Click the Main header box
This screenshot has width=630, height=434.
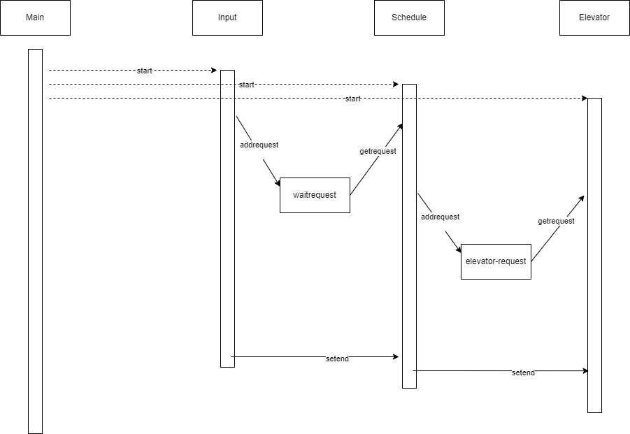tap(36, 17)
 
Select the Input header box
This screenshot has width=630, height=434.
tap(227, 17)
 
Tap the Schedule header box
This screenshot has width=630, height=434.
tap(409, 17)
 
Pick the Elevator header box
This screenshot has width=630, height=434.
tap(594, 17)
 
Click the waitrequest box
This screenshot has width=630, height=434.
tap(315, 195)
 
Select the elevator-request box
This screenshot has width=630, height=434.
tap(496, 261)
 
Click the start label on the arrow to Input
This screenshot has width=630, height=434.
tap(145, 71)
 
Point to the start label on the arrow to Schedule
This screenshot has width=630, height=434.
tap(247, 85)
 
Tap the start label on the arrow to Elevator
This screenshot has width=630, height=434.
tap(353, 99)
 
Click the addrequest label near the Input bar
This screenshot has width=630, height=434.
tap(259, 145)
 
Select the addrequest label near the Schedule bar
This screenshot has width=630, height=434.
tap(441, 217)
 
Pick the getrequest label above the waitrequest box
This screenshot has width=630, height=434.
tap(378, 152)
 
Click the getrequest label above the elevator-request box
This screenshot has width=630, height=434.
tap(556, 222)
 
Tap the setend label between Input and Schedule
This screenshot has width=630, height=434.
tap(337, 359)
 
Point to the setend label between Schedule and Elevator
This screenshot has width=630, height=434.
tap(523, 373)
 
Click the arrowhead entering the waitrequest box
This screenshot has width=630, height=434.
tap(278, 183)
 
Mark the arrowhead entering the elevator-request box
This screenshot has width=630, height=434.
tap(459, 249)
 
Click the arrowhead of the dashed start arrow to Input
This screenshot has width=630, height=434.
tap(214, 71)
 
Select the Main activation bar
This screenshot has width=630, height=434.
tap(36, 241)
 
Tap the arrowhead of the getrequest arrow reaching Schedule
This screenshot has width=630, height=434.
tap(400, 126)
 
